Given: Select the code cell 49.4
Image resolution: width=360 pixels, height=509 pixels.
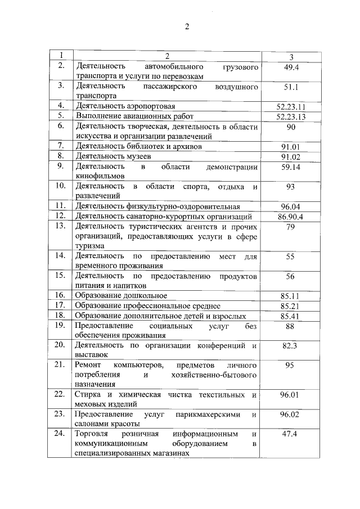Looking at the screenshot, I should tap(291, 67).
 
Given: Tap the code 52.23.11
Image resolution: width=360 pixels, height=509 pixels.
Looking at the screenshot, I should tap(291, 106).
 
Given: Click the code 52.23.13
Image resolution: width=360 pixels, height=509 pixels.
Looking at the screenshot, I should tap(291, 116).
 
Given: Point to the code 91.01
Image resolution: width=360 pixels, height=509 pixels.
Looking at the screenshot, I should tap(291, 146).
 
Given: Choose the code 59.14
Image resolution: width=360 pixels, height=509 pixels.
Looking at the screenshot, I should tap(291, 167).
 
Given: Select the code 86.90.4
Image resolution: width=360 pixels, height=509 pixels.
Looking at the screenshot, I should tap(291, 217).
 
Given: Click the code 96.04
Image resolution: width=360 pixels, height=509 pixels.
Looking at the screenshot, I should tap(291, 206).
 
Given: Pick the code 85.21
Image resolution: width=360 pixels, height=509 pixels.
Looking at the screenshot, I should tap(291, 305).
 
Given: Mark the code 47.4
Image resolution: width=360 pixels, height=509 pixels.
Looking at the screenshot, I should tap(291, 435).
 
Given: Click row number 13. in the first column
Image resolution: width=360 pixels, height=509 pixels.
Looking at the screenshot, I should tap(60, 226).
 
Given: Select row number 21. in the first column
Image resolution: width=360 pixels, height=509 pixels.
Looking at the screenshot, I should tap(60, 365).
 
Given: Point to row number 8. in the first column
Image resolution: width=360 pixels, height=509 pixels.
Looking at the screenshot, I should tap(60, 156).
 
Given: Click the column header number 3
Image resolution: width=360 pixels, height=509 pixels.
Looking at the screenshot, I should tap(291, 57).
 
